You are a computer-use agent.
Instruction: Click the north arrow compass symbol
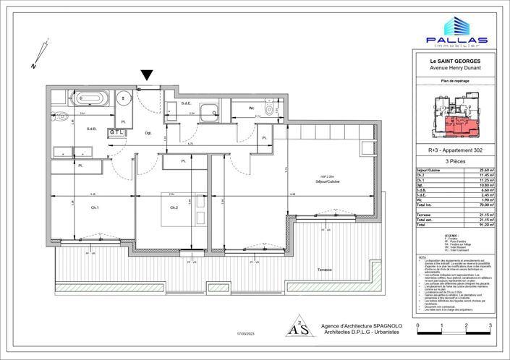41,55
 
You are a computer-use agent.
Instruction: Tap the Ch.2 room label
174,208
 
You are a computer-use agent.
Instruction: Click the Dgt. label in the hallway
148,132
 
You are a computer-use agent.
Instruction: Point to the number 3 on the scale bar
490,327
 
